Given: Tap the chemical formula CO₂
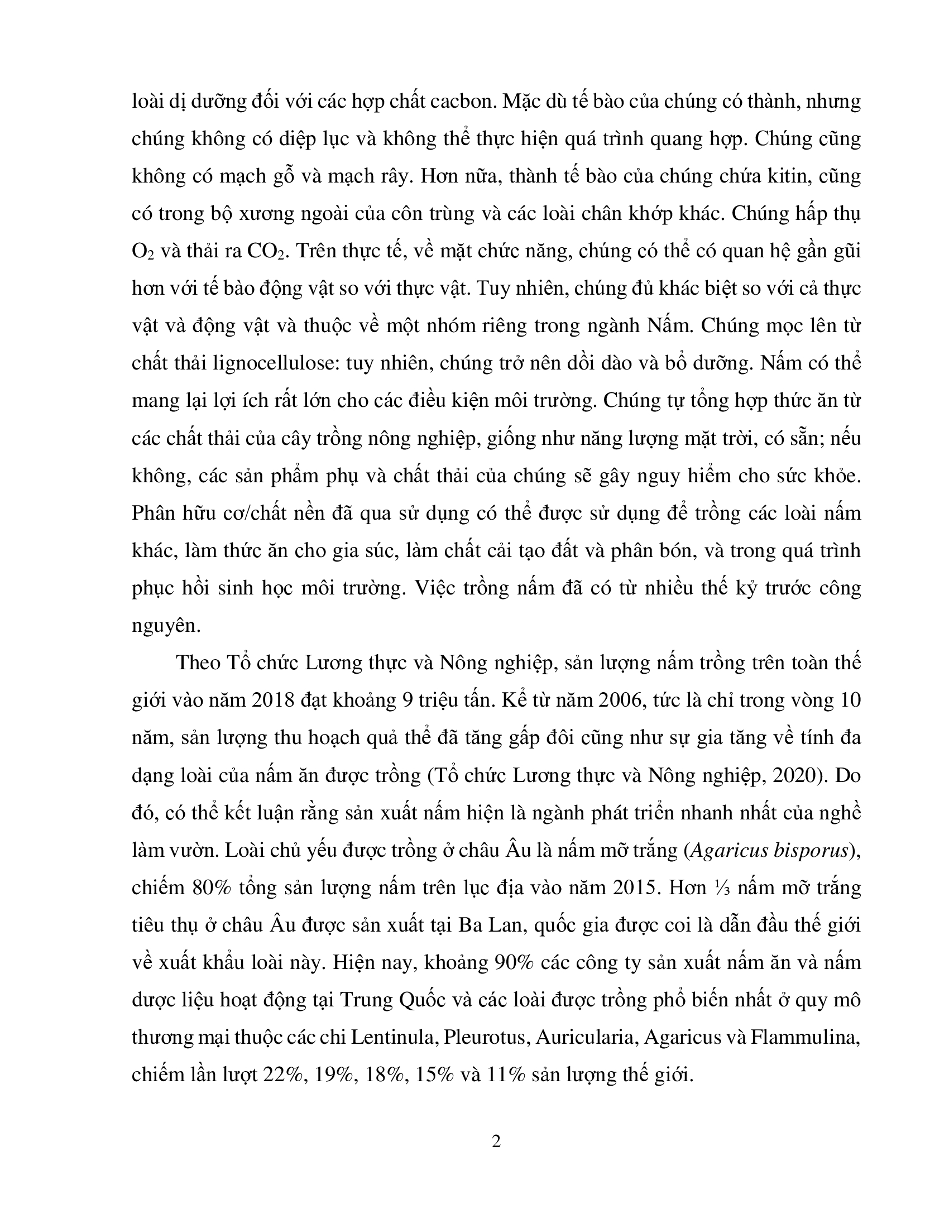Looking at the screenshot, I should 267,251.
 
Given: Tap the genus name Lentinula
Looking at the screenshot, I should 394,1037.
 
